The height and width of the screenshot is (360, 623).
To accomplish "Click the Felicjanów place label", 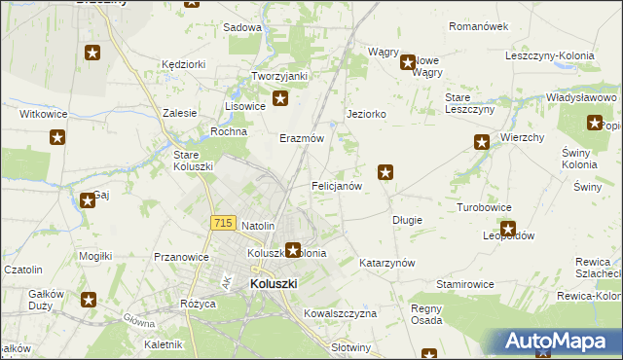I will click(x=337, y=185).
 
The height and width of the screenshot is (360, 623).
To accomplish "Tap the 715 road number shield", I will click(x=221, y=223).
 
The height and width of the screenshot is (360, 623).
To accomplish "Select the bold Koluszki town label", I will click(x=274, y=283).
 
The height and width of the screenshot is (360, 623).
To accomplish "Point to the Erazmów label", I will click(x=302, y=139).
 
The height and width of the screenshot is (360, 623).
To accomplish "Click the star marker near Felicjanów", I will click(x=386, y=173).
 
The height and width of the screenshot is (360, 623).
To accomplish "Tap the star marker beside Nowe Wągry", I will click(x=409, y=63).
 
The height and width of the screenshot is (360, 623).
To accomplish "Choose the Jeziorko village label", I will click(x=367, y=114).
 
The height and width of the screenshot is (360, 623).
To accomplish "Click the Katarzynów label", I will click(x=387, y=263).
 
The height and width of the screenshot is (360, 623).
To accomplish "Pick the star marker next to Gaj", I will click(x=86, y=199).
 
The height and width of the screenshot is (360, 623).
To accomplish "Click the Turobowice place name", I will click(x=485, y=208).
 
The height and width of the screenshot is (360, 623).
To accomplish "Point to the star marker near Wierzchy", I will click(x=482, y=142).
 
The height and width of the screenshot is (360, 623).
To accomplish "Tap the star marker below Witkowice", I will click(x=57, y=137).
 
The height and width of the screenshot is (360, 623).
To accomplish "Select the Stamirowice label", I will click(x=464, y=284).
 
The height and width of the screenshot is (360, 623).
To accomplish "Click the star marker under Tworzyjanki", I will click(x=280, y=97).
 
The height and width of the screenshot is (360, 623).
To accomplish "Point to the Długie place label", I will click(x=407, y=220).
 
